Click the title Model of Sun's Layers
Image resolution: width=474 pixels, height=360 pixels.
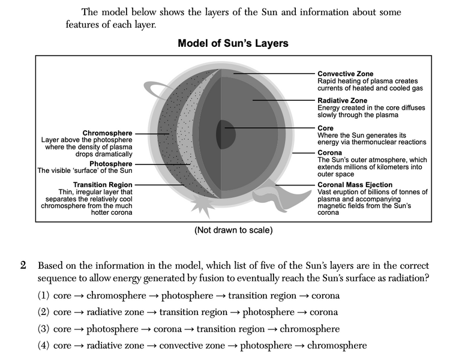233,43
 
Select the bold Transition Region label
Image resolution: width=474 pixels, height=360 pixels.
103,184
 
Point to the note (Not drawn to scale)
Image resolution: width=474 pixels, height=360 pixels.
233,230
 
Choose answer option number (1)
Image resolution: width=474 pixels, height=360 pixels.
44,295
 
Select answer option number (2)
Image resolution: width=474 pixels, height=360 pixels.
44,312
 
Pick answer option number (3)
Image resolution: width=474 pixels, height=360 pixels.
44,329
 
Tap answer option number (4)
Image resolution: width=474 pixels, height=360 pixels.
44,346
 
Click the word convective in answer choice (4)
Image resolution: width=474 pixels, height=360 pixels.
181,346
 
